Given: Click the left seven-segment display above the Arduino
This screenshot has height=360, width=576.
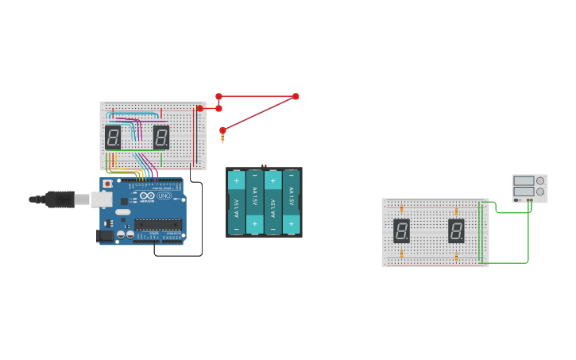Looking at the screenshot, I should pos(113,137).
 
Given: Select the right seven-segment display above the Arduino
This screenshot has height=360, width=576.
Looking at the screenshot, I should pos(161,137).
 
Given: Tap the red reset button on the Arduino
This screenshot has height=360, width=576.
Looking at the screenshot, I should pos(107,184).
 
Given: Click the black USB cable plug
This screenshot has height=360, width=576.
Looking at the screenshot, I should pos(60,199).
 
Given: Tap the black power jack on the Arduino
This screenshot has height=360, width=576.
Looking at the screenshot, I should pos(104,235).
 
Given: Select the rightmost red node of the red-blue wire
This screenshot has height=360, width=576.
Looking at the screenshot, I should pos(296,96).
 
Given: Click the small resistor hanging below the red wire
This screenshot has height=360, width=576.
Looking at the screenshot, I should pos(222,138).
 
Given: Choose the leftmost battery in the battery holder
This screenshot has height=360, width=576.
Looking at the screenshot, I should pos(237,202).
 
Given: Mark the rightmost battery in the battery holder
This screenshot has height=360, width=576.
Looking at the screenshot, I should pos(292,202).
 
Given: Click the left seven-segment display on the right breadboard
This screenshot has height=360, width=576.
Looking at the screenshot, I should pos(402,230).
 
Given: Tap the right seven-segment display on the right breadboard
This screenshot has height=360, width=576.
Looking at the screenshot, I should pos(456,230).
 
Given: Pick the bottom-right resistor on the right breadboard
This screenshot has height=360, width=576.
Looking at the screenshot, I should pos(456,257).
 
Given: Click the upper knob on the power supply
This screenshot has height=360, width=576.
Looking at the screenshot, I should pos(540,181).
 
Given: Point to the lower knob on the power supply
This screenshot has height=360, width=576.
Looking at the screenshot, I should pos(540,192).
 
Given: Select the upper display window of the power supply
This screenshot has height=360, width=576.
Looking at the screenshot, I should pos(524,181).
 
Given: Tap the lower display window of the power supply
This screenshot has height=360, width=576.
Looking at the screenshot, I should pos(524,192).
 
